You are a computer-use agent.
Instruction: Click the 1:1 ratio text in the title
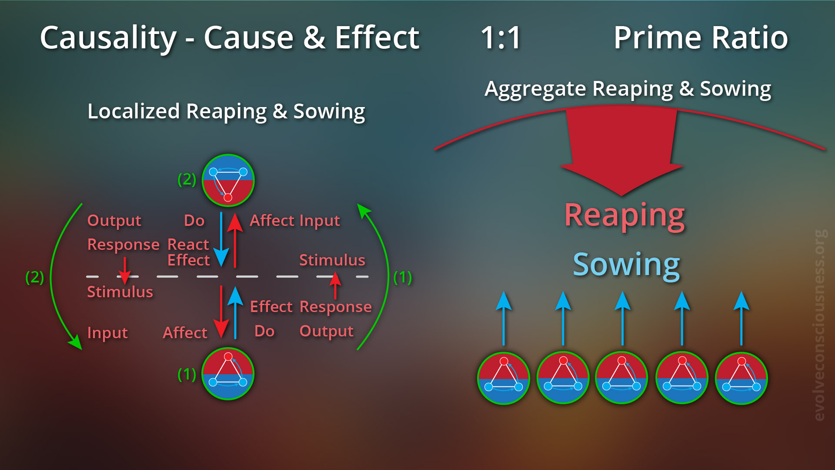click(501, 38)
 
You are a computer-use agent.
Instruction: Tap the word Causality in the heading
click(108, 38)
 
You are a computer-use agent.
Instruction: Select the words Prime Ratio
click(700, 38)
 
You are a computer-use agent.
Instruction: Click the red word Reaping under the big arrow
click(624, 215)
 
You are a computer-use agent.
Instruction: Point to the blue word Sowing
click(626, 265)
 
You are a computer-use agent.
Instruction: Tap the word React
click(188, 244)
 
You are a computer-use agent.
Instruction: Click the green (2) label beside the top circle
click(187, 179)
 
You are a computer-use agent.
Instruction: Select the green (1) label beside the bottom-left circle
click(187, 374)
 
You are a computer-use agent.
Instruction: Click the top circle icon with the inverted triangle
click(228, 181)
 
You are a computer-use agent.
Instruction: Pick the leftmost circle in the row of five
click(504, 378)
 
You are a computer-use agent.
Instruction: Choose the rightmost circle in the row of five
click(741, 378)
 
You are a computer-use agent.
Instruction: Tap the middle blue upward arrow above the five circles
click(622, 318)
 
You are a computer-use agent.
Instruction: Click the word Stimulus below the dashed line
click(120, 292)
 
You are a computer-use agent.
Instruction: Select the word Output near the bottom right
click(327, 331)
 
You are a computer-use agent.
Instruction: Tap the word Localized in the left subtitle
click(134, 111)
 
